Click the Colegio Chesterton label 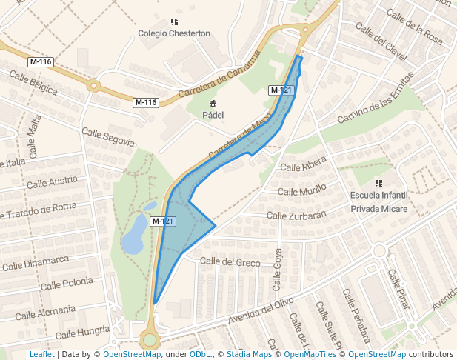174,33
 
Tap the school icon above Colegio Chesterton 174,22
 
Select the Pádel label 213,116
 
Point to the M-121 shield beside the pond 163,221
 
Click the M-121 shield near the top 281,90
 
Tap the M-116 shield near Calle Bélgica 41,61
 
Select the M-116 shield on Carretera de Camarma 146,102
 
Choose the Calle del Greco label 230,261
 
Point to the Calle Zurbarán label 296,216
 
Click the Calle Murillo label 301,191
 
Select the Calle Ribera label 304,167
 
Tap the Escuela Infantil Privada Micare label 379,201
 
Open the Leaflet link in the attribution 41,354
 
